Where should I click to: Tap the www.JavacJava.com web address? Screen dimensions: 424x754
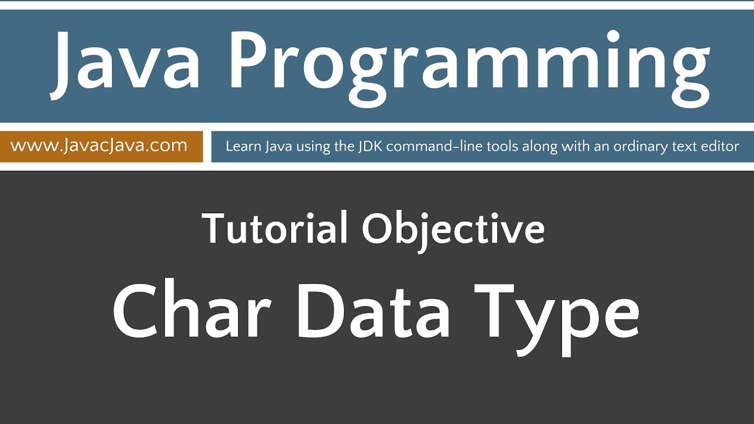tap(99, 145)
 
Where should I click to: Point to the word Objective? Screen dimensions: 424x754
tap(453, 230)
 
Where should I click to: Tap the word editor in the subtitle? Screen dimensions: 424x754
tap(719, 146)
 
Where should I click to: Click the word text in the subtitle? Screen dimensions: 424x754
tap(684, 146)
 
